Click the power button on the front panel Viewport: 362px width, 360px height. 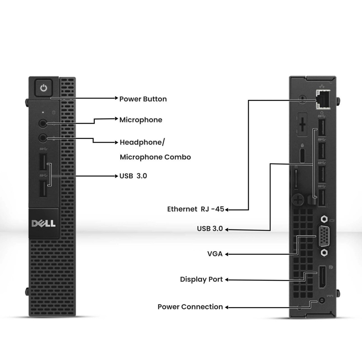[x=44, y=88]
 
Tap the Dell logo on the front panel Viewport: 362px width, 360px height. [x=44, y=223]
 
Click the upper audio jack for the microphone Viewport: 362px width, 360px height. [x=42, y=123]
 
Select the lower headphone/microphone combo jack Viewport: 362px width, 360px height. [x=42, y=138]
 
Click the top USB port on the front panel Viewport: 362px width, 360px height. [x=43, y=162]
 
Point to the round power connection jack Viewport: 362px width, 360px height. [x=322, y=301]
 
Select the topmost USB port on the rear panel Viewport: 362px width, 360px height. [x=322, y=127]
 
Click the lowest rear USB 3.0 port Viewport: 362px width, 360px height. [x=322, y=198]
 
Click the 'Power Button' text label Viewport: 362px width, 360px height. [x=143, y=99]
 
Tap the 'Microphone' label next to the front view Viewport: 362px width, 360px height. [x=141, y=120]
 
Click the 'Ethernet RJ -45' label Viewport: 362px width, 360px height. [x=195, y=209]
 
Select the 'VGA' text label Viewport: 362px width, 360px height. [x=215, y=254]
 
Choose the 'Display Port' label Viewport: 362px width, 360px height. [x=201, y=279]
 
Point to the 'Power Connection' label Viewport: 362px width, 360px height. [x=190, y=307]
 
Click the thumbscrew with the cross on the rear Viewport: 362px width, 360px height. [x=298, y=200]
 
